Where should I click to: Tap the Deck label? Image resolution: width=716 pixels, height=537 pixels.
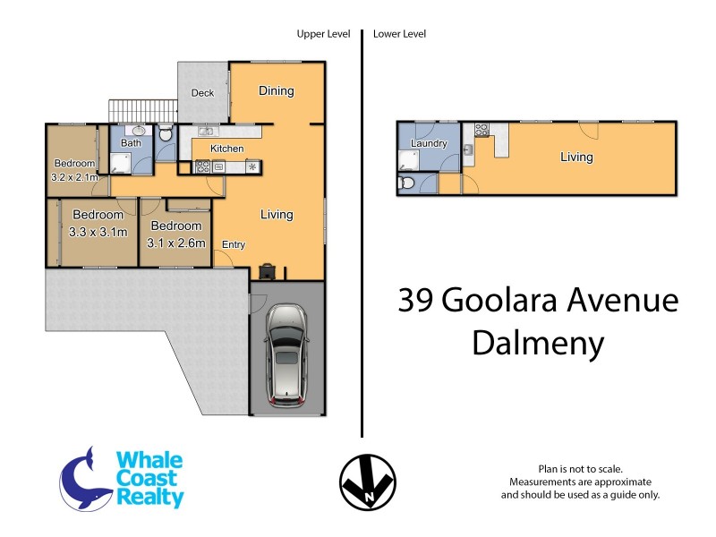click(203, 93)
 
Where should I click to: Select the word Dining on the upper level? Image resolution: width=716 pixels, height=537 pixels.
click(277, 90)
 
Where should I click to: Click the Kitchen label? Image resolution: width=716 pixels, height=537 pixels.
click(226, 149)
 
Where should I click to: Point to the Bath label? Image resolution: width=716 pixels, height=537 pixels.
click(131, 143)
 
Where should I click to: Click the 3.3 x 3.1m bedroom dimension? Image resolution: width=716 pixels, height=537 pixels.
click(98, 232)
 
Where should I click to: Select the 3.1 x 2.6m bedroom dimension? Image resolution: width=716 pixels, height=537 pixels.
click(178, 243)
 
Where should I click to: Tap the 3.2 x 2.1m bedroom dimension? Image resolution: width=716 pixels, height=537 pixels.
click(74, 177)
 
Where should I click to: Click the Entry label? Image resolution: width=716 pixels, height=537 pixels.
click(234, 244)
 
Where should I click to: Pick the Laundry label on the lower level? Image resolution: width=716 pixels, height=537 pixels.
click(428, 143)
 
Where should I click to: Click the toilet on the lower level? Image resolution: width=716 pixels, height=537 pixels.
click(407, 184)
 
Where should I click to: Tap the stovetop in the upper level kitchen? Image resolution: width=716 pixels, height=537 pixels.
click(203, 166)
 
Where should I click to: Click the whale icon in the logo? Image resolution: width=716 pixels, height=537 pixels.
click(84, 476)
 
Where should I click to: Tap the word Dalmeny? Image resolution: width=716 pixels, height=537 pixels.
click(537, 343)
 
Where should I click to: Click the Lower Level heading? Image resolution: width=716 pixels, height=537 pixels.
click(399, 34)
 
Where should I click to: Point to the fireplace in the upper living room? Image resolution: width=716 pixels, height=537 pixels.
click(267, 271)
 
